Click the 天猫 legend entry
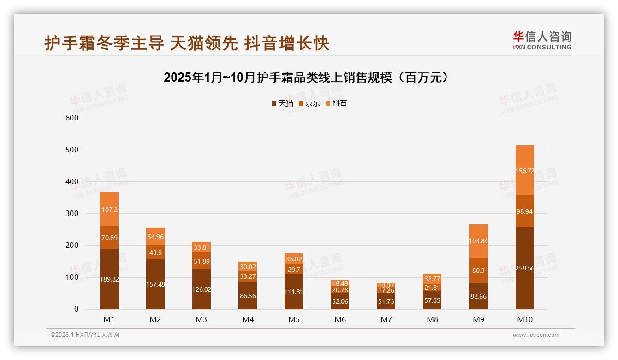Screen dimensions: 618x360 (283, 103)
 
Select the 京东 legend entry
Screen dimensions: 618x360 (309, 103)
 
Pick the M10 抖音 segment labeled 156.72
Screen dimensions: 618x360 (525, 170)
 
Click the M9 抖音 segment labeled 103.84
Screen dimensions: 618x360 (479, 241)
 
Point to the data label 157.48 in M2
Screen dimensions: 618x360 (155, 284)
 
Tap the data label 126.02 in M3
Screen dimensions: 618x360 (202, 290)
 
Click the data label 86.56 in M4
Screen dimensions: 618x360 (248, 296)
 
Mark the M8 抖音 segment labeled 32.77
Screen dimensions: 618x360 (432, 279)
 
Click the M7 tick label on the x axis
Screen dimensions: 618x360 (386, 319)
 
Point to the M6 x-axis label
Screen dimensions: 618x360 (340, 319)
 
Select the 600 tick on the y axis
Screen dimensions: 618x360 (73, 118)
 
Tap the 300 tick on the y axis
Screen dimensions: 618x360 (73, 214)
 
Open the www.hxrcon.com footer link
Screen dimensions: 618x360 (536, 335)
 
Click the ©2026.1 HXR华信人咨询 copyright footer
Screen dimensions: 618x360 (84, 335)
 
